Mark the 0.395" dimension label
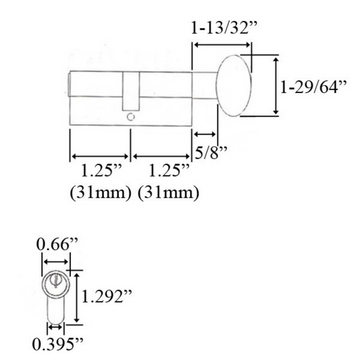tap(50, 350)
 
